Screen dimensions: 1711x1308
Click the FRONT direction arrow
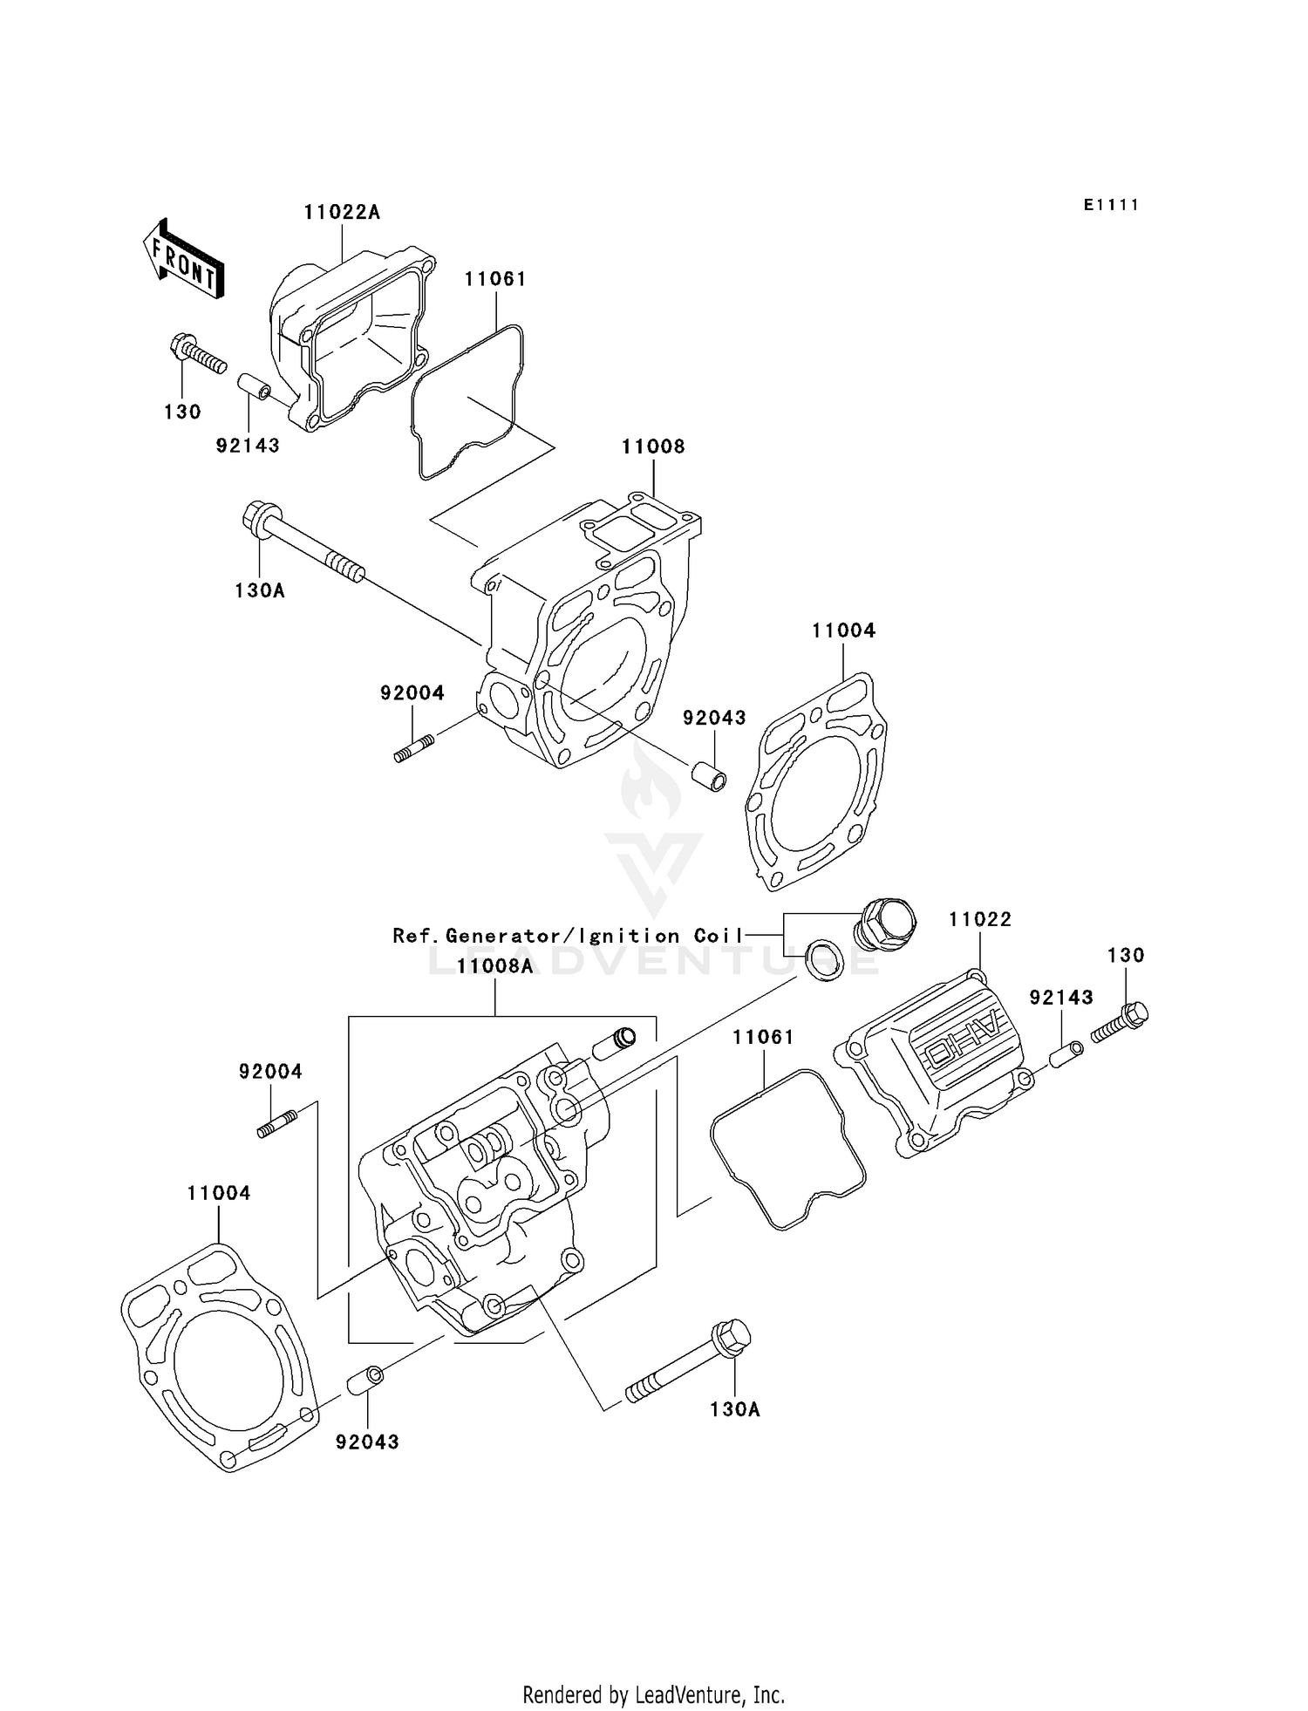(x=183, y=260)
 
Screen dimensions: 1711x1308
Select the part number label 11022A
(x=342, y=212)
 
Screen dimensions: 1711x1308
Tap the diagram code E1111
(x=1111, y=205)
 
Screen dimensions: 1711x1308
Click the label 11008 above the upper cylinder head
(x=653, y=446)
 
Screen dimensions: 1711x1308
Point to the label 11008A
(x=494, y=966)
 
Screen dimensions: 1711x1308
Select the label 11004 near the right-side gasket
(x=843, y=631)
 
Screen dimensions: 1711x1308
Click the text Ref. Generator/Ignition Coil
(x=568, y=936)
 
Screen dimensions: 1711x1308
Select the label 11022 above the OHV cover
(x=980, y=919)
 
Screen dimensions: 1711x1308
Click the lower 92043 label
(x=367, y=1442)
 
